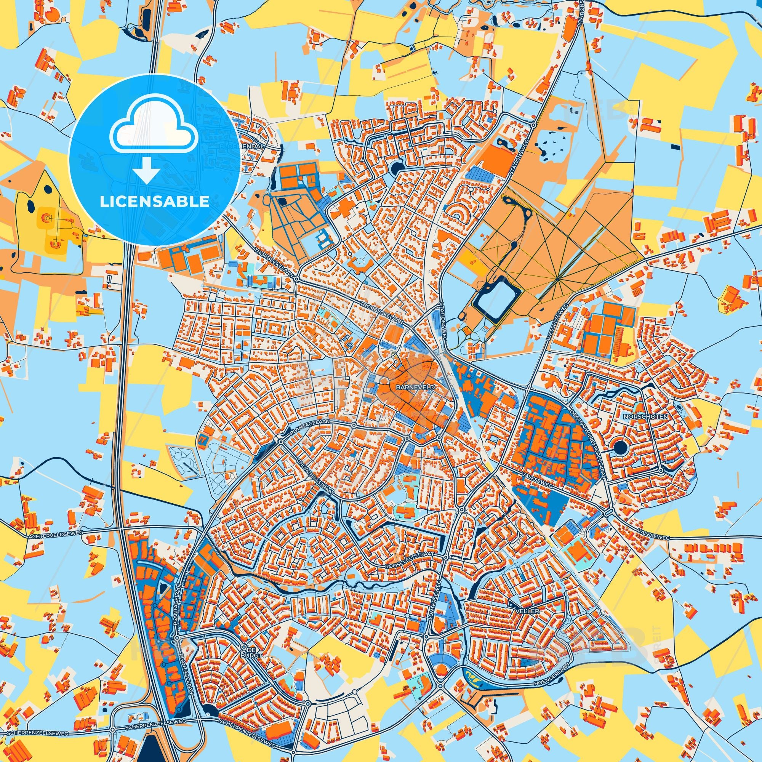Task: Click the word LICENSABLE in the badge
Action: (154, 202)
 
